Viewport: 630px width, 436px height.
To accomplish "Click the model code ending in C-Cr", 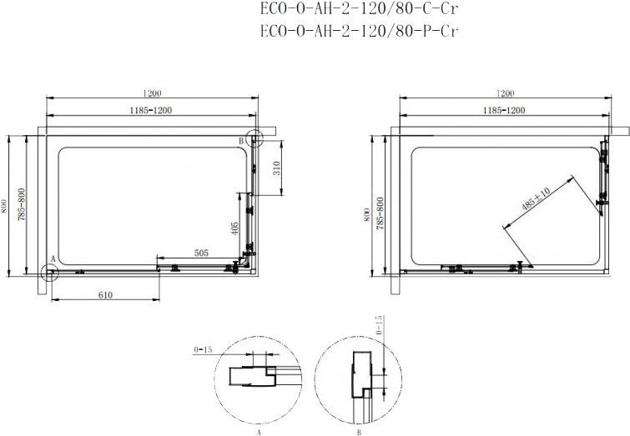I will pos(359,11).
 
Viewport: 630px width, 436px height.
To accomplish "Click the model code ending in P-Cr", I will pos(359,33).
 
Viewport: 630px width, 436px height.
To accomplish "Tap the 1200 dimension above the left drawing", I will pos(151,93).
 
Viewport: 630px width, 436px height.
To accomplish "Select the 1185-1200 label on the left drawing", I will pos(151,109).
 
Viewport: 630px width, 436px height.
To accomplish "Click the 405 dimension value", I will pos(236,227).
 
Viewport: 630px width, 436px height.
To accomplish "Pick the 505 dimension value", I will pos(200,252).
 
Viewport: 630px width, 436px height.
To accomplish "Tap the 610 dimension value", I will pos(104,294).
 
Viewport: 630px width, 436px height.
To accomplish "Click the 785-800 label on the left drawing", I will pos(22,203).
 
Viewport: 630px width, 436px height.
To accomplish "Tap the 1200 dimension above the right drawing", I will pos(504,93).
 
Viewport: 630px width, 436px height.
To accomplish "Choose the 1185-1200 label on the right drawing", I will pos(504,109).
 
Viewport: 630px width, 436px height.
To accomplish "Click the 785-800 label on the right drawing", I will pos(381,213).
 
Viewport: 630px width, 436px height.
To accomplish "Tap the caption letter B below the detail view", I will pos(357,433).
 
